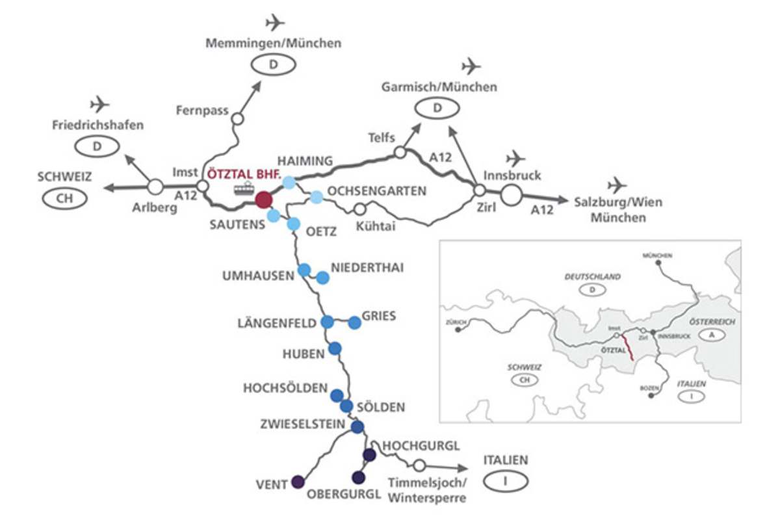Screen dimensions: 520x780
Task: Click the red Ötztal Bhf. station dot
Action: (263, 199)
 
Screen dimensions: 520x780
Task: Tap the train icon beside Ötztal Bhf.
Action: (244, 188)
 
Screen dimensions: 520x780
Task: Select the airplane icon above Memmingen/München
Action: (276, 23)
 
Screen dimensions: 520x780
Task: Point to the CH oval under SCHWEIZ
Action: (65, 198)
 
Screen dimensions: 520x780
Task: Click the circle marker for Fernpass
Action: (237, 119)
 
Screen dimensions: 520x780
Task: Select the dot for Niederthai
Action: (323, 278)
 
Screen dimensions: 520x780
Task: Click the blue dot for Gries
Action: (354, 322)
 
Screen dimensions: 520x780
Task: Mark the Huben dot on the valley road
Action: (335, 348)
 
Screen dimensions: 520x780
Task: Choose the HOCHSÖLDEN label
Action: (285, 388)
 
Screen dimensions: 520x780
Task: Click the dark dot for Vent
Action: (298, 482)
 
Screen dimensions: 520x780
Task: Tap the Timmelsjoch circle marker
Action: (419, 465)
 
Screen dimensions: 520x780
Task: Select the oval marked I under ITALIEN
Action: (505, 482)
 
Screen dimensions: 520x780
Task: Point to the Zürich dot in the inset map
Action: (458, 330)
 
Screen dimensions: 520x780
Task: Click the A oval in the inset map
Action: (712, 333)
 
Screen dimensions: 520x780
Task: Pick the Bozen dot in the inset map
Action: (651, 395)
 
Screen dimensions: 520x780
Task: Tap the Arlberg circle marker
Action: (155, 187)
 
